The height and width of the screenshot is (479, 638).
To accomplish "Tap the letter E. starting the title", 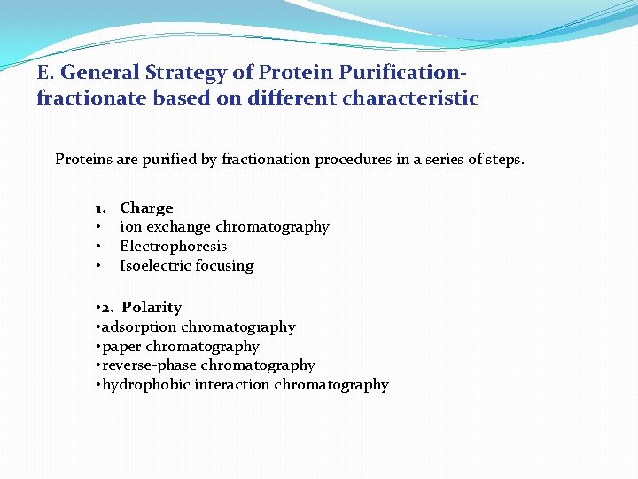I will (45, 72).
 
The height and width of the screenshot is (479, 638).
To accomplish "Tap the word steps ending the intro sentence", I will (503, 160).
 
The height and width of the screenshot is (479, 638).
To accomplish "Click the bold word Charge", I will (146, 208).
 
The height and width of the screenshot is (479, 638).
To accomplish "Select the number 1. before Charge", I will (102, 208).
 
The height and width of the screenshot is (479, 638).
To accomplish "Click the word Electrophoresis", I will (173, 247).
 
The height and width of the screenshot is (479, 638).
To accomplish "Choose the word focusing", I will (225, 266).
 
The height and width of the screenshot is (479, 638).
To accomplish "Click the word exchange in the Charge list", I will (176, 227).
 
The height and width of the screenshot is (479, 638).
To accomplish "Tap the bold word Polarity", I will (152, 308).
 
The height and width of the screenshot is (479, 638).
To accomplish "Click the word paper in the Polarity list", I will (121, 347).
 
